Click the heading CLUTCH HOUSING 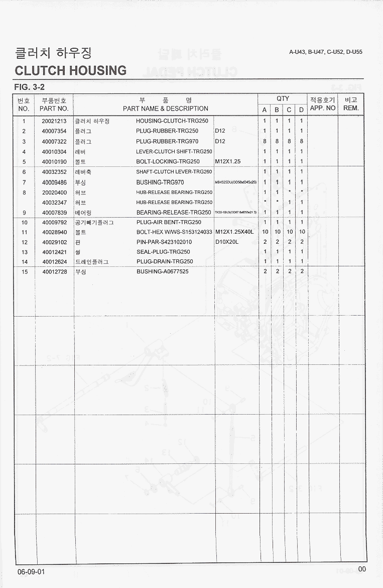pos(71,70)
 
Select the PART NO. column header pos(54,109)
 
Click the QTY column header pos(283,99)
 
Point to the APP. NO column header pos(323,108)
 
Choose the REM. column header pos(351,108)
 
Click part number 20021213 pos(54,121)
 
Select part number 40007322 pos(54,141)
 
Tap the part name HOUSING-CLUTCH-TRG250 pos(167,121)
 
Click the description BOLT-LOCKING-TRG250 pos(168,162)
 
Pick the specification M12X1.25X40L pos(234,232)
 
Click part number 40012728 pos(54,272)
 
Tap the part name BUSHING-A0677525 pos(163,272)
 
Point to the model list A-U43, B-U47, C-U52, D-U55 pos(326,52)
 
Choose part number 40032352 pos(54,172)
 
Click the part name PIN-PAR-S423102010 pos(164,242)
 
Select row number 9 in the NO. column pos(24,213)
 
